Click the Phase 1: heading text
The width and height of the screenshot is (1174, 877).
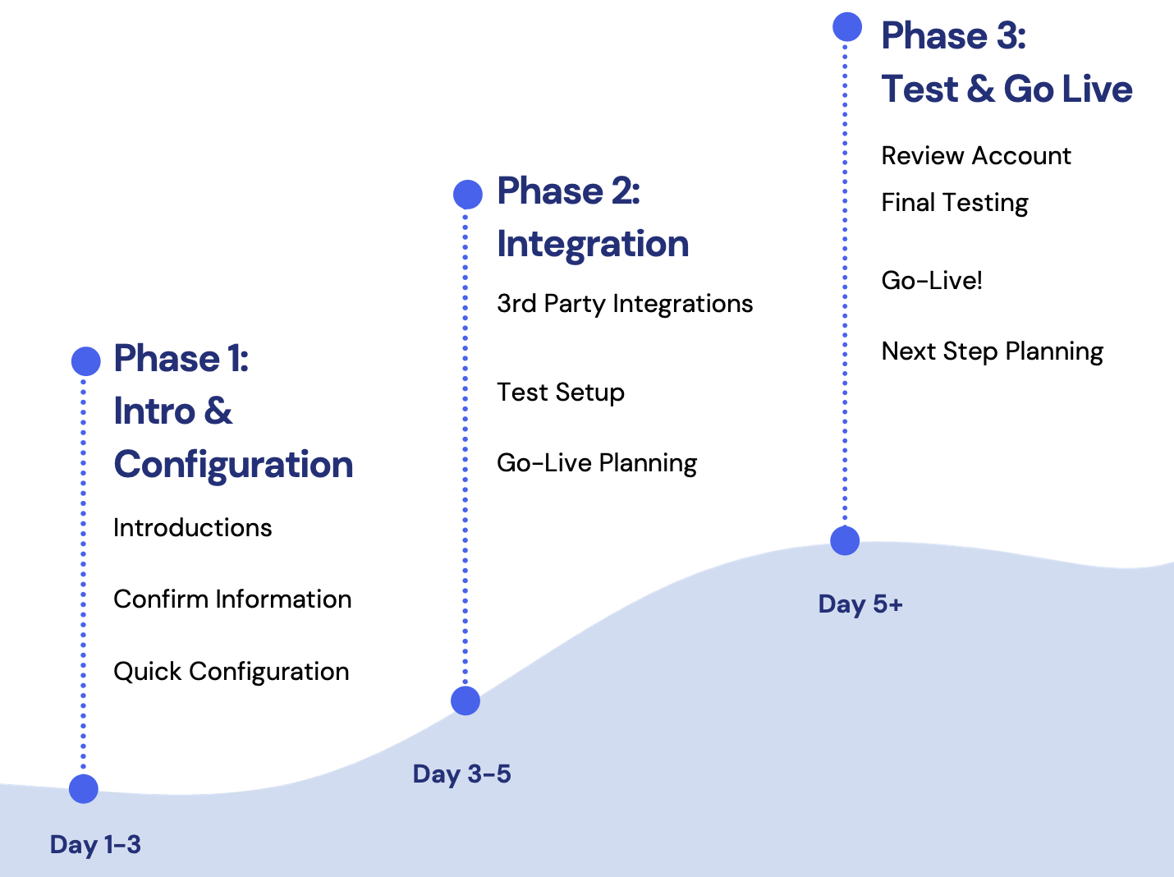click(x=181, y=359)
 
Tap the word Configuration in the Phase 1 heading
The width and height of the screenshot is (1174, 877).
click(x=233, y=465)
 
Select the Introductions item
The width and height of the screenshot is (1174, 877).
click(x=192, y=528)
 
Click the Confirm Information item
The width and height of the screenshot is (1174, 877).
click(x=232, y=599)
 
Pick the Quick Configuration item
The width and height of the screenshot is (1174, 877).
click(x=231, y=672)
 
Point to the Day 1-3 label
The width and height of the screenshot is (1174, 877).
click(x=95, y=844)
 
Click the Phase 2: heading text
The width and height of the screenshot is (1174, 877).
click(x=568, y=191)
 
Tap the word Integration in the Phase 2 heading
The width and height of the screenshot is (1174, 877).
click(x=593, y=245)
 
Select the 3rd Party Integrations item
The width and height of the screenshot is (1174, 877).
click(x=625, y=304)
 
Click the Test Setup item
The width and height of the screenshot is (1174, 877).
click(x=561, y=393)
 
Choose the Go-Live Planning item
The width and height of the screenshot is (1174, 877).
click(x=597, y=463)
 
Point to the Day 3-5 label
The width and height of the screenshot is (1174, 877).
click(x=461, y=774)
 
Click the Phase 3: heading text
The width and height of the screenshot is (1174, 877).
click(x=953, y=36)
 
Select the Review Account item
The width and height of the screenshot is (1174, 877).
click(x=976, y=156)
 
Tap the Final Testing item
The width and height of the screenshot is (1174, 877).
click(x=954, y=203)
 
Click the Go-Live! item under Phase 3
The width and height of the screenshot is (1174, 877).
click(x=932, y=281)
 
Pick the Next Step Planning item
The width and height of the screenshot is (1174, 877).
click(x=992, y=351)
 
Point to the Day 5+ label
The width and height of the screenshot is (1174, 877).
click(x=860, y=604)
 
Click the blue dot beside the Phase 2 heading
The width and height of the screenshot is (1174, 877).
click(x=467, y=195)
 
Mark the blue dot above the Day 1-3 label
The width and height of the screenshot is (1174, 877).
click(x=84, y=788)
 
